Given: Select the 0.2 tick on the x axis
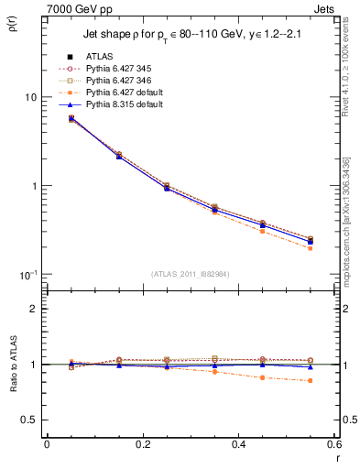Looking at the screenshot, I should coord(142,444).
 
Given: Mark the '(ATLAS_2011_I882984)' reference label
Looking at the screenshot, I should coord(191,275).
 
